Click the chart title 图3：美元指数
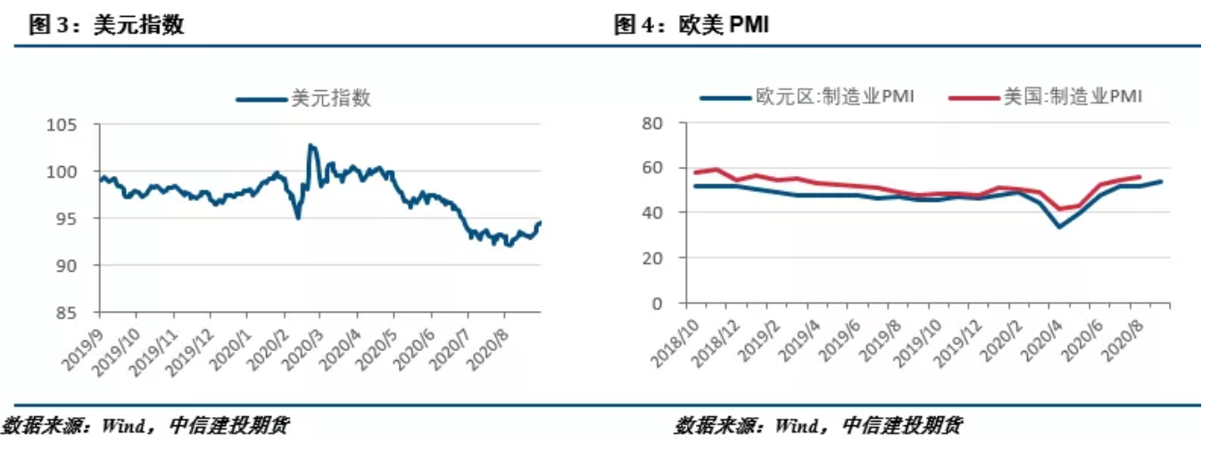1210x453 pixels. click(106, 24)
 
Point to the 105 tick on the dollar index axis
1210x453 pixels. click(75, 125)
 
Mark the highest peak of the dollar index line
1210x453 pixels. click(310, 144)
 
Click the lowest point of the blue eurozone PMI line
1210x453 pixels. click(1059, 227)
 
